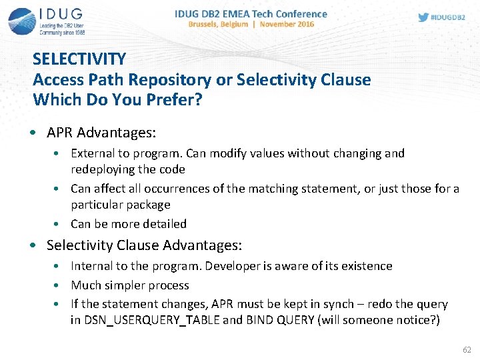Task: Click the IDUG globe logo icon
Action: coord(21,21)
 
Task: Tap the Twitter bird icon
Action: coord(423,17)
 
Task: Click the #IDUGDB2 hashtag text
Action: coord(449,17)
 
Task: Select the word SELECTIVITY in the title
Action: coord(79,59)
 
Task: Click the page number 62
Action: coord(466,349)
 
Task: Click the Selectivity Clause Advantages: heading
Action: coord(144,245)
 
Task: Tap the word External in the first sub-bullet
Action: coord(92,153)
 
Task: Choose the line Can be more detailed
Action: coord(129,224)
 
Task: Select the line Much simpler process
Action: coord(130,285)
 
